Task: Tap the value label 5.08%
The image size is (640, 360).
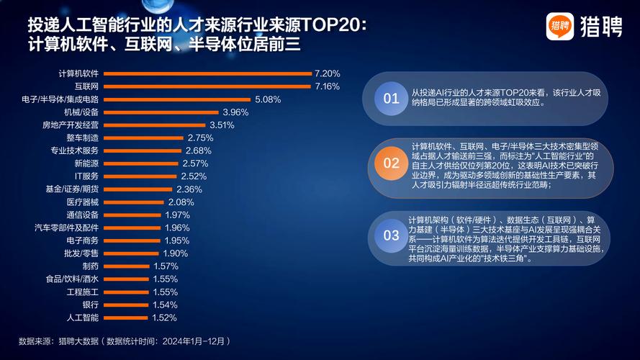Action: tap(267, 99)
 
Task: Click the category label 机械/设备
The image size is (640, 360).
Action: tap(81, 112)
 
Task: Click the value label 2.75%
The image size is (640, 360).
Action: tap(199, 138)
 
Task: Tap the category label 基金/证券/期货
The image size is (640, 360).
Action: tap(72, 189)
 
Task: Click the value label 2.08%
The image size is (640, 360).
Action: tap(181, 202)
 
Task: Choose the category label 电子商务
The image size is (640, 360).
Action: tap(81, 240)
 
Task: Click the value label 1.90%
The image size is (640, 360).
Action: tap(175, 253)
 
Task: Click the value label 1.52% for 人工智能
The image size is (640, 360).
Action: tap(164, 318)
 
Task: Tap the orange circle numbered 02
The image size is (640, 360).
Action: tap(391, 163)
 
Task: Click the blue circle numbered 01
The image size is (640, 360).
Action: tap(391, 99)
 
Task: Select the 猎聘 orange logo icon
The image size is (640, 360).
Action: tap(559, 27)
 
